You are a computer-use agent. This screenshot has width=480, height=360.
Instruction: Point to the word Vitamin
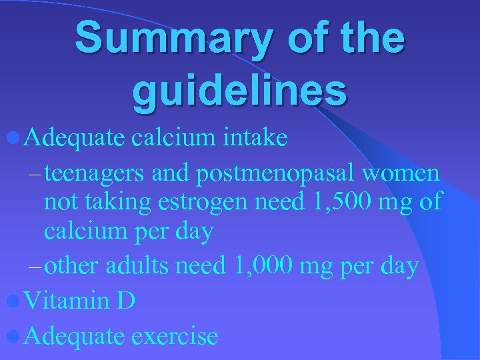coord(66,301)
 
